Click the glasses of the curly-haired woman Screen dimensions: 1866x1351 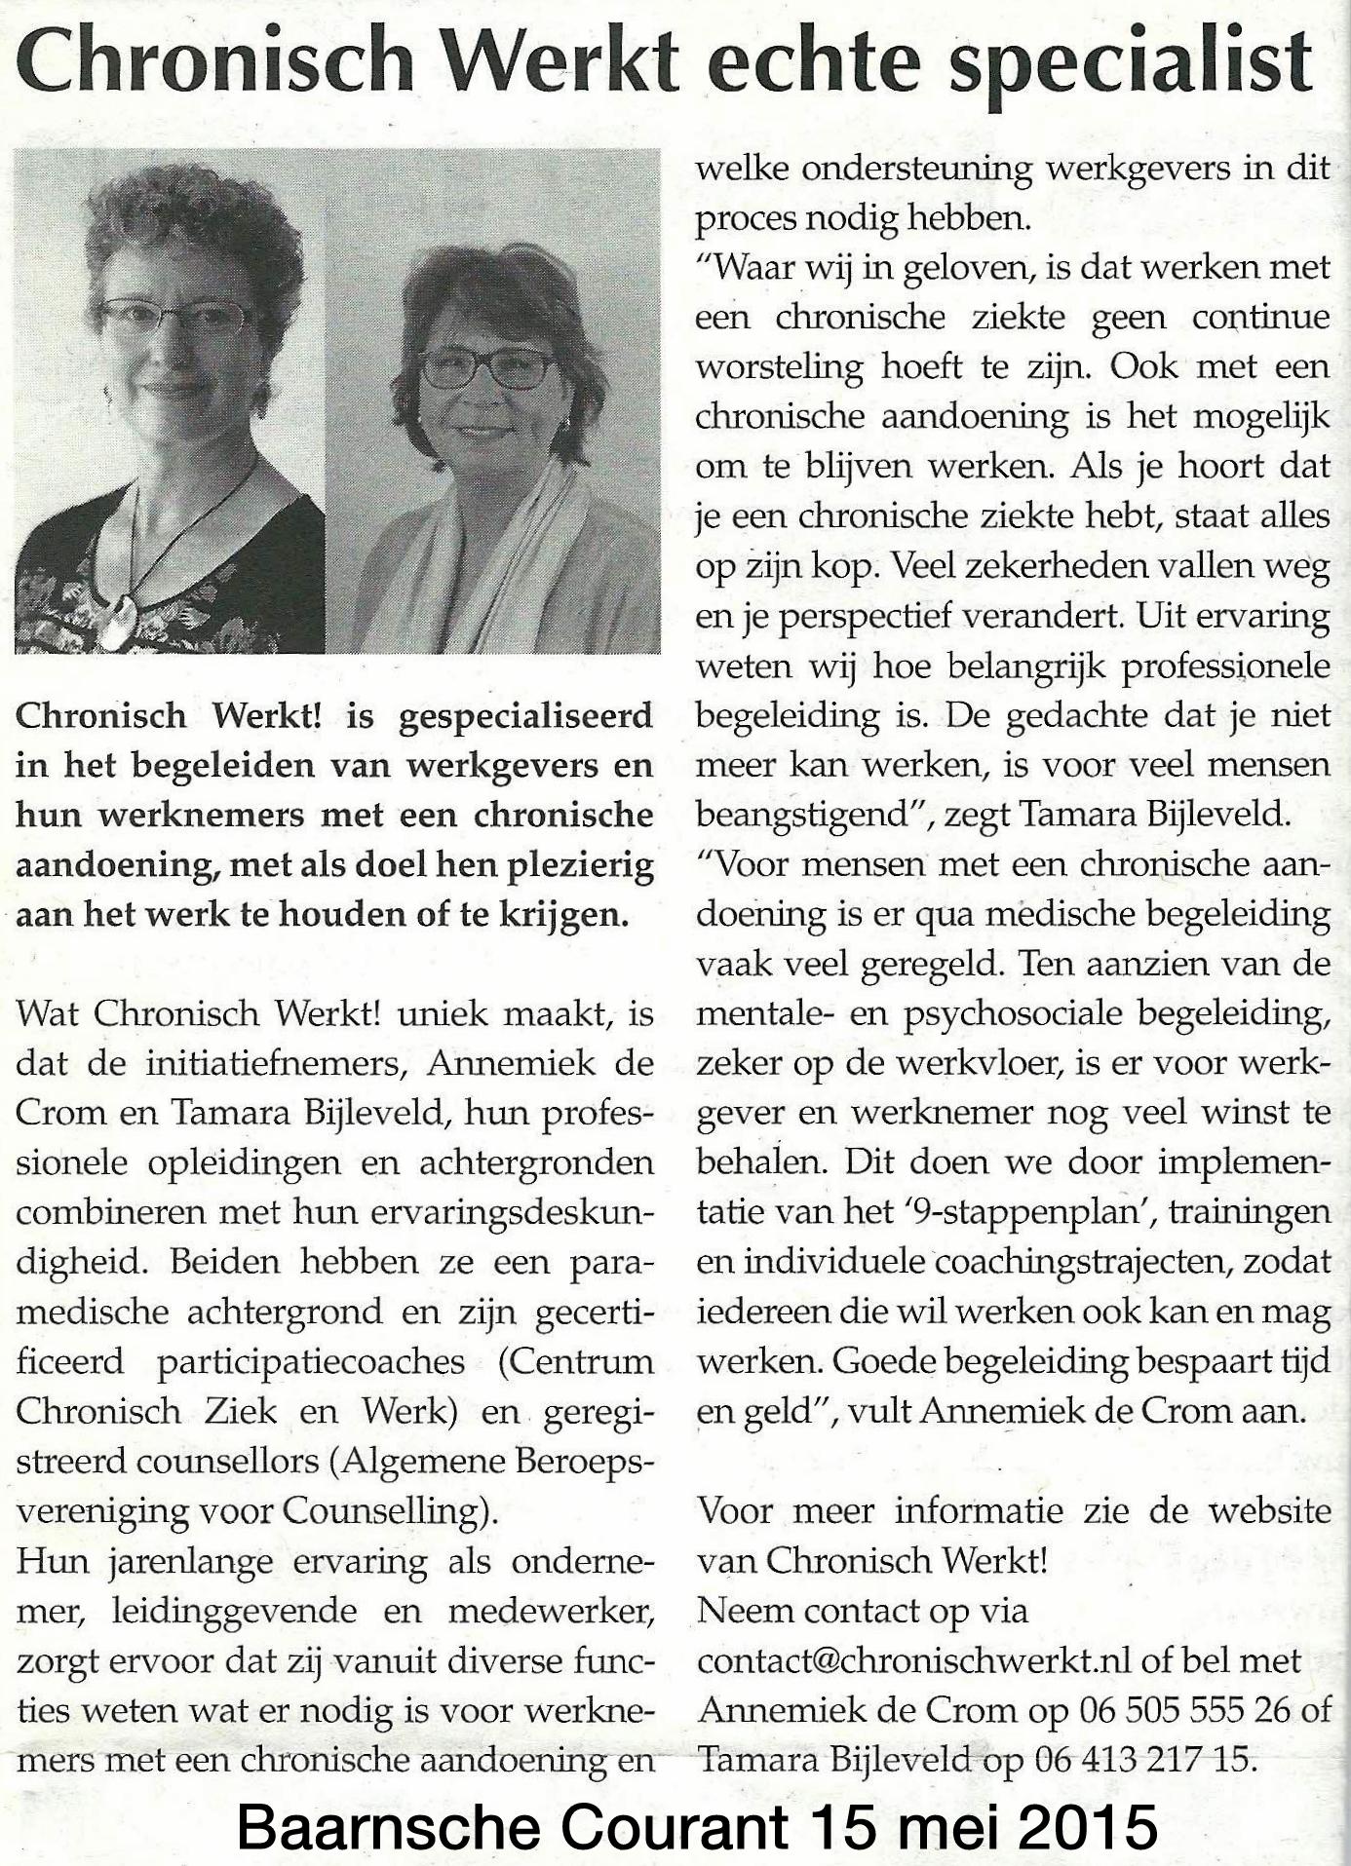click(x=177, y=318)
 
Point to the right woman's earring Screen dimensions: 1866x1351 click(x=562, y=423)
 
